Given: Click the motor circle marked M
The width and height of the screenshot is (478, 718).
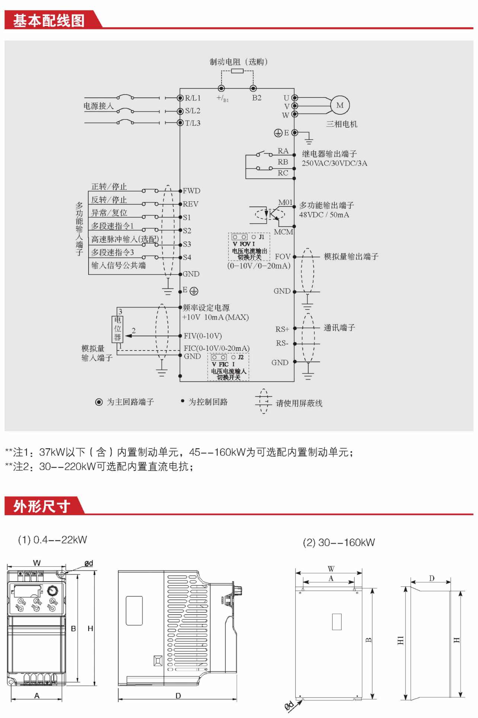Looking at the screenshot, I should [x=340, y=105].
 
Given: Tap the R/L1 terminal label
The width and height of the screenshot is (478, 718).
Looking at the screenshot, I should [x=193, y=98].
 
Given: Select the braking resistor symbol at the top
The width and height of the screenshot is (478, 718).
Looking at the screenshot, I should [x=237, y=71].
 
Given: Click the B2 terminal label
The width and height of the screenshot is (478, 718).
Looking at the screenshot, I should [x=257, y=98].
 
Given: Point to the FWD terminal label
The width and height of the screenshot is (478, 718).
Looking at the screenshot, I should [x=192, y=191].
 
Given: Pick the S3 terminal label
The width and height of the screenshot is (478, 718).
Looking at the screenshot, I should [x=187, y=244].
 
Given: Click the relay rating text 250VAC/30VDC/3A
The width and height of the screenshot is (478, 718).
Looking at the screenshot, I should [x=334, y=163].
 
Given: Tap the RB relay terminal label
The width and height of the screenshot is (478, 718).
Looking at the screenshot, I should [x=283, y=162].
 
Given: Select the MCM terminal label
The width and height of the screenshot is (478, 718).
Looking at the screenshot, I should [x=283, y=232].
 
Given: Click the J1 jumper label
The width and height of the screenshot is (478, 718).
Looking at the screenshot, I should [x=262, y=237].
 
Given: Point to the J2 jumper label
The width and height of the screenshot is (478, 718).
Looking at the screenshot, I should [x=241, y=357].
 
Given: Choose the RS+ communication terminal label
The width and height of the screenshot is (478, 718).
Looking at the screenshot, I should [x=282, y=329].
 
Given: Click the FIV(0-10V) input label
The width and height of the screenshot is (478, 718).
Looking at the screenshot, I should [x=203, y=336].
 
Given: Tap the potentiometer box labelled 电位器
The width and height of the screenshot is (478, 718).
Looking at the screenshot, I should [x=118, y=329].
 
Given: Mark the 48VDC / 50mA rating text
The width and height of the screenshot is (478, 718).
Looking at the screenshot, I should [x=324, y=215].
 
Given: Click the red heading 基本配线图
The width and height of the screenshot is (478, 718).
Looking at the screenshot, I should [x=49, y=20].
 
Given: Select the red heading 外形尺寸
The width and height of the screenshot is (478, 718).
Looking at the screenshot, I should [x=42, y=506].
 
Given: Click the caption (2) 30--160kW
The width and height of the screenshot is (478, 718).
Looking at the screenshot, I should [x=339, y=542].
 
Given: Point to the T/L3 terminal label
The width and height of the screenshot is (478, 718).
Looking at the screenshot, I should [x=193, y=123].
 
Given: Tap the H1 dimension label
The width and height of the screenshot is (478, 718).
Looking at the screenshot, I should [x=400, y=640].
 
